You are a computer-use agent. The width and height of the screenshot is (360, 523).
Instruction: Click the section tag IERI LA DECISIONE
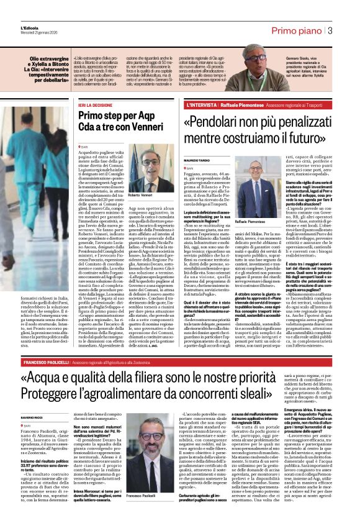103,106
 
